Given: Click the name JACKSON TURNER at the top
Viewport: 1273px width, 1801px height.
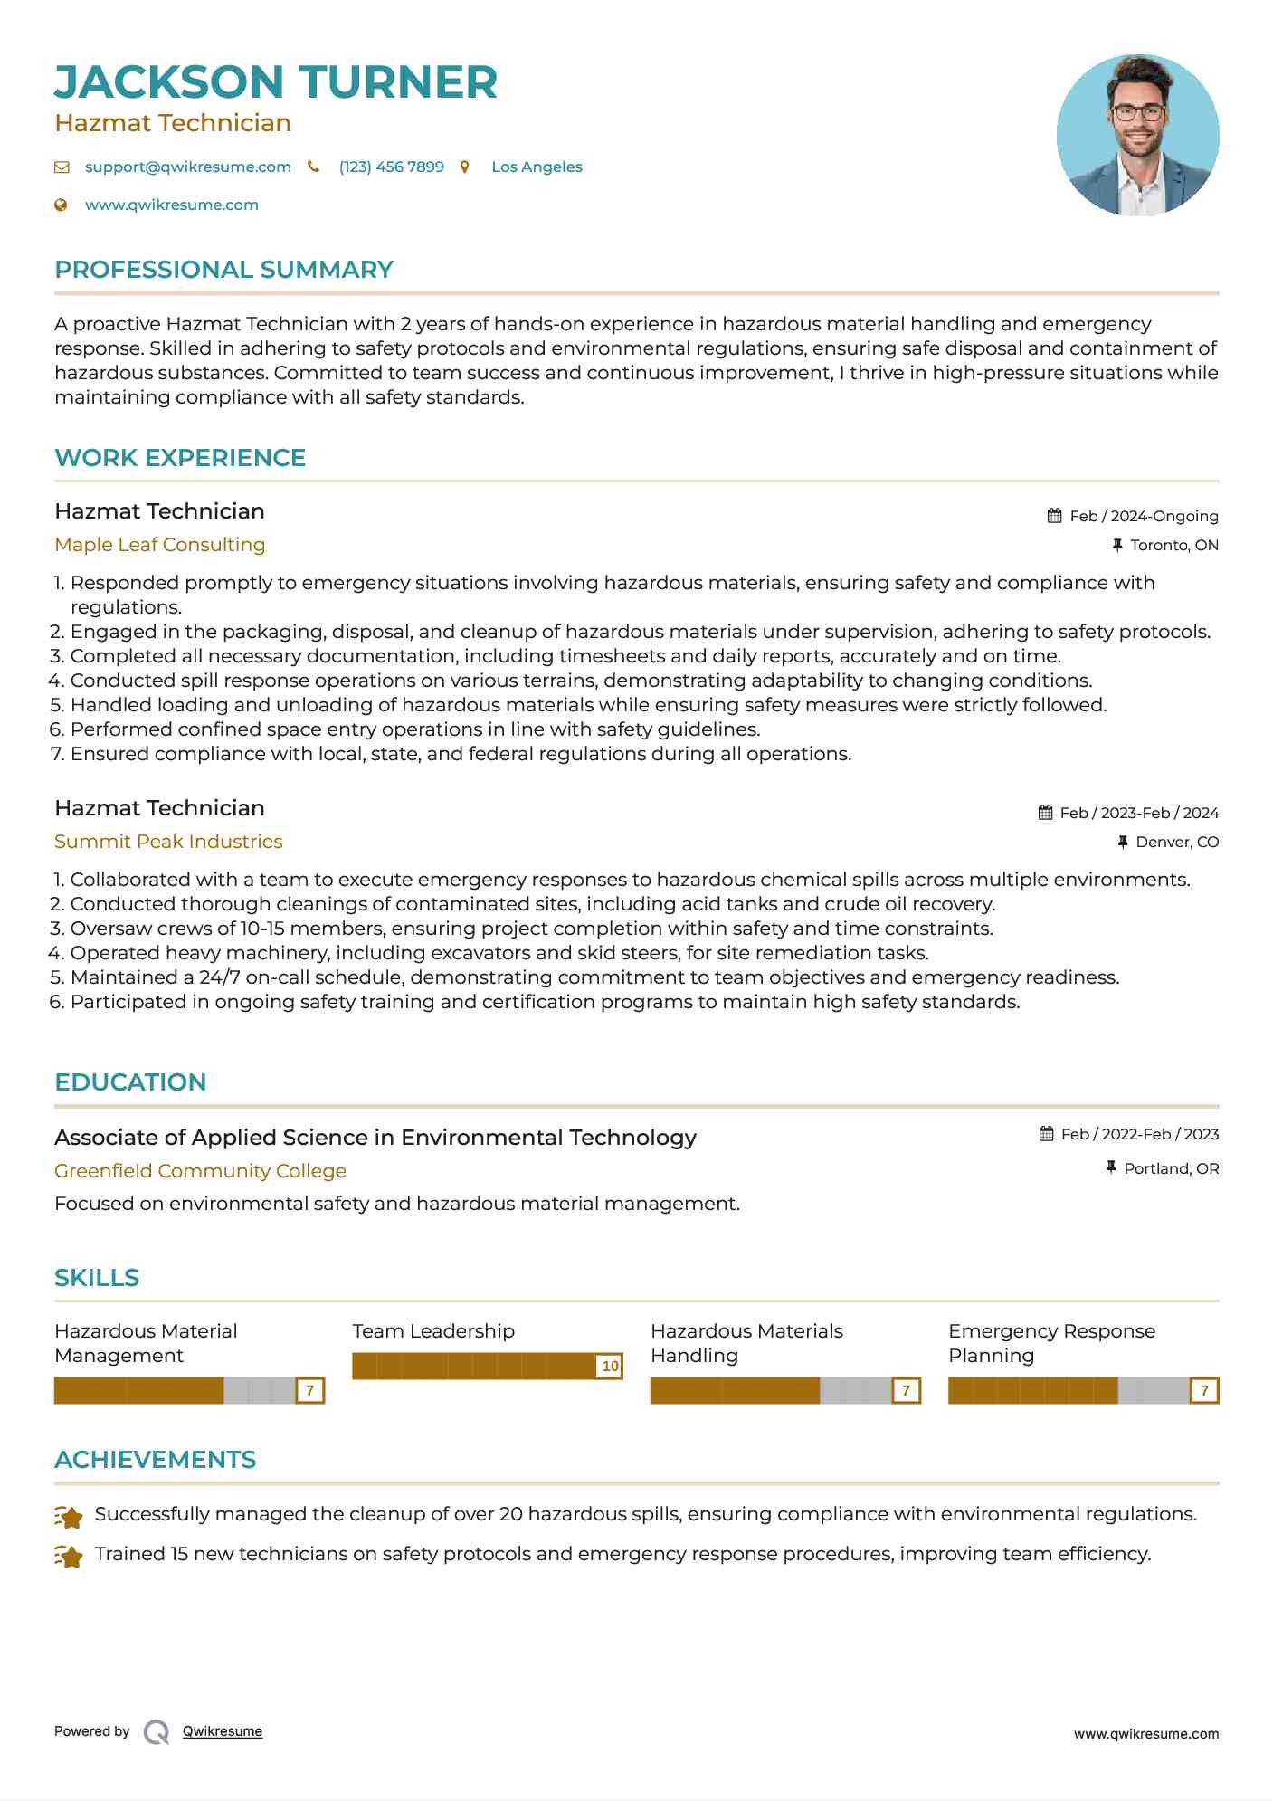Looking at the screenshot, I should point(276,82).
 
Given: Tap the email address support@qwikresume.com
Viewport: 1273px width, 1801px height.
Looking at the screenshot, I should point(187,167).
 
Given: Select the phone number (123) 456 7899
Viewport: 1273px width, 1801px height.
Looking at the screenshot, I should point(391,167).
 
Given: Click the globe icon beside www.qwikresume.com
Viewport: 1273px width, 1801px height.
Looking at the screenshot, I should point(61,205).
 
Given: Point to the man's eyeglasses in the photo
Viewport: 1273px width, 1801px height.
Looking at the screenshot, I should point(1137,113).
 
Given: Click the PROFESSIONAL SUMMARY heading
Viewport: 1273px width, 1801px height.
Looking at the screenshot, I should point(223,270).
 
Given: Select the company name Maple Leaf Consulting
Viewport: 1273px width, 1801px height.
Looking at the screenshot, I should point(159,545).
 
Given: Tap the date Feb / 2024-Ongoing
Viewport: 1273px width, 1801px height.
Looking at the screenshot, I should point(1144,517).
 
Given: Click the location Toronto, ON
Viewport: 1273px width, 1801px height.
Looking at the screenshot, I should point(1173,546).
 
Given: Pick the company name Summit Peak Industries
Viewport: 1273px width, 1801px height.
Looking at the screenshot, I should point(168,842).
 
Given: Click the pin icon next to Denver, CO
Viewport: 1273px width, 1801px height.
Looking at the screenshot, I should point(1122,843).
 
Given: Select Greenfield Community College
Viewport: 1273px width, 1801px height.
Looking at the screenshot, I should point(200,1171).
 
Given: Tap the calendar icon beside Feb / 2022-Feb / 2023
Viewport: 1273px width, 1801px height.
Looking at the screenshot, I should point(1046,1134).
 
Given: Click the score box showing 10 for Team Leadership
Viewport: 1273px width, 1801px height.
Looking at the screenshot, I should point(610,1367).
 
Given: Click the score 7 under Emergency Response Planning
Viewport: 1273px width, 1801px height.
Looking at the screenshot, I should point(1204,1391).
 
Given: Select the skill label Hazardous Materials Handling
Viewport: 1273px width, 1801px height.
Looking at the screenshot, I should point(746,1343).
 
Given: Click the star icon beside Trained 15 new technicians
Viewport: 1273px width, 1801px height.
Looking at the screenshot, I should point(69,1556).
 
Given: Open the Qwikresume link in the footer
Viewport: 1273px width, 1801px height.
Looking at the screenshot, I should point(222,1731).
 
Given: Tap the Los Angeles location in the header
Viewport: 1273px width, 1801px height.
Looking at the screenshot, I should point(537,167).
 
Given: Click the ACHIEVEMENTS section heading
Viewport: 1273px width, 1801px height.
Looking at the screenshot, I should point(155,1460).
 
